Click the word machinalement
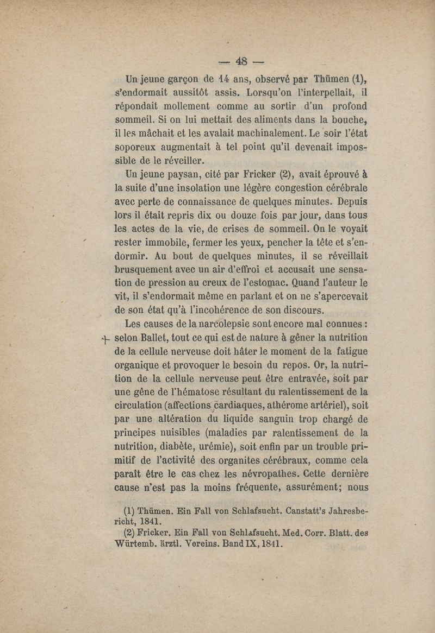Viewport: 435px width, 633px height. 258,132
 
